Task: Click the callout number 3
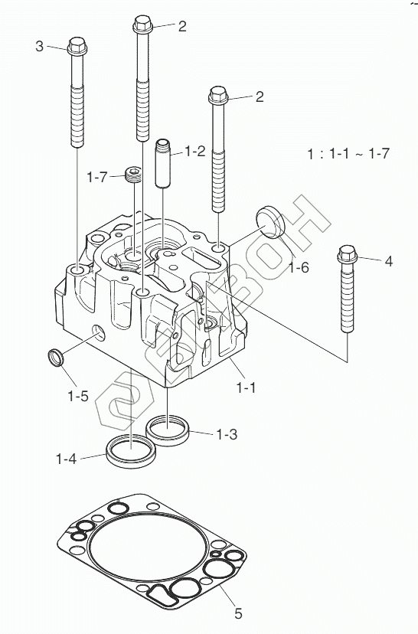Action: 39,46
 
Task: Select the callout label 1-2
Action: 195,152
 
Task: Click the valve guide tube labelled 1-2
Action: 163,163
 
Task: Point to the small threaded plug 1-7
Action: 132,175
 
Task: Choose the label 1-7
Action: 97,177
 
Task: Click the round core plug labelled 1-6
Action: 270,222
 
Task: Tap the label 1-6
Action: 299,267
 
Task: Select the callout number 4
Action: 388,261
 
